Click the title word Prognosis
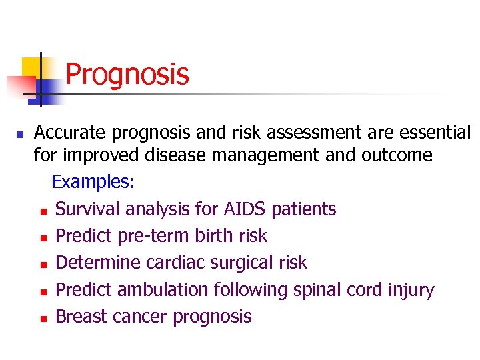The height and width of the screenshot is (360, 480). point(127,75)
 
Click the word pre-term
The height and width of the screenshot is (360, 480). point(147,236)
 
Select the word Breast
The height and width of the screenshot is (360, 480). point(78,317)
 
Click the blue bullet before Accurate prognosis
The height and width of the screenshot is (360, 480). point(19,135)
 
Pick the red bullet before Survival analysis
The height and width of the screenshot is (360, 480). point(43,211)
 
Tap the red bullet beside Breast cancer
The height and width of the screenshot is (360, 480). point(43,319)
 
